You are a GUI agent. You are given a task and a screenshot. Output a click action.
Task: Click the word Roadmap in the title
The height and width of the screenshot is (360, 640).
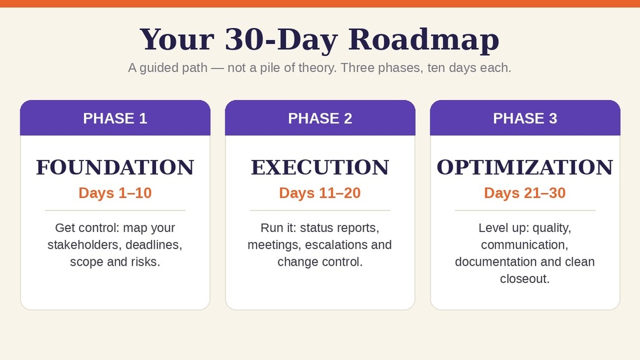(x=423, y=40)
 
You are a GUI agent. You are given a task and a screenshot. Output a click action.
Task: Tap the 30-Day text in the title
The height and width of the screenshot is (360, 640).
(x=281, y=40)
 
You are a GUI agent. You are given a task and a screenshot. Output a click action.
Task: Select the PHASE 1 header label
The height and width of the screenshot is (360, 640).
(x=115, y=119)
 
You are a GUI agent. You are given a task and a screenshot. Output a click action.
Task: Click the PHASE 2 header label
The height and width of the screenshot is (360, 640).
(x=320, y=119)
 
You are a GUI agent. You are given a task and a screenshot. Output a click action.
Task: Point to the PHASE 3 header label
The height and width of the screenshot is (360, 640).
(x=525, y=119)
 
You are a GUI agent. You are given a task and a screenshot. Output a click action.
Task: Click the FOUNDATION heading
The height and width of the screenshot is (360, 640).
(x=115, y=168)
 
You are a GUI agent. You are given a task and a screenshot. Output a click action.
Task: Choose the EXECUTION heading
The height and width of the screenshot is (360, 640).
(x=320, y=168)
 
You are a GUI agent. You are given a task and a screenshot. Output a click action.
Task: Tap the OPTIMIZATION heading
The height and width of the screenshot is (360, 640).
(x=525, y=168)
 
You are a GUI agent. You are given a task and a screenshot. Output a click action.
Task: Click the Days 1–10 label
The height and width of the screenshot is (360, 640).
(x=115, y=192)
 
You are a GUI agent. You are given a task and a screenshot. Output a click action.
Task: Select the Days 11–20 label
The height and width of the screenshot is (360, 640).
(x=320, y=192)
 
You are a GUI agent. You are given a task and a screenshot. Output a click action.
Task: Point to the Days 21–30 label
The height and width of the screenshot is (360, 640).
(x=525, y=192)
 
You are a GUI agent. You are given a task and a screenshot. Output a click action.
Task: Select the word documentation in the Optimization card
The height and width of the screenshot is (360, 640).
(x=496, y=262)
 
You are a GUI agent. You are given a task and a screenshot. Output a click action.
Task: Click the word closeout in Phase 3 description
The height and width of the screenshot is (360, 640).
(x=525, y=279)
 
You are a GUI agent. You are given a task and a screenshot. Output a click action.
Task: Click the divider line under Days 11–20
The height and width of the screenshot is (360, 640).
(x=320, y=211)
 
